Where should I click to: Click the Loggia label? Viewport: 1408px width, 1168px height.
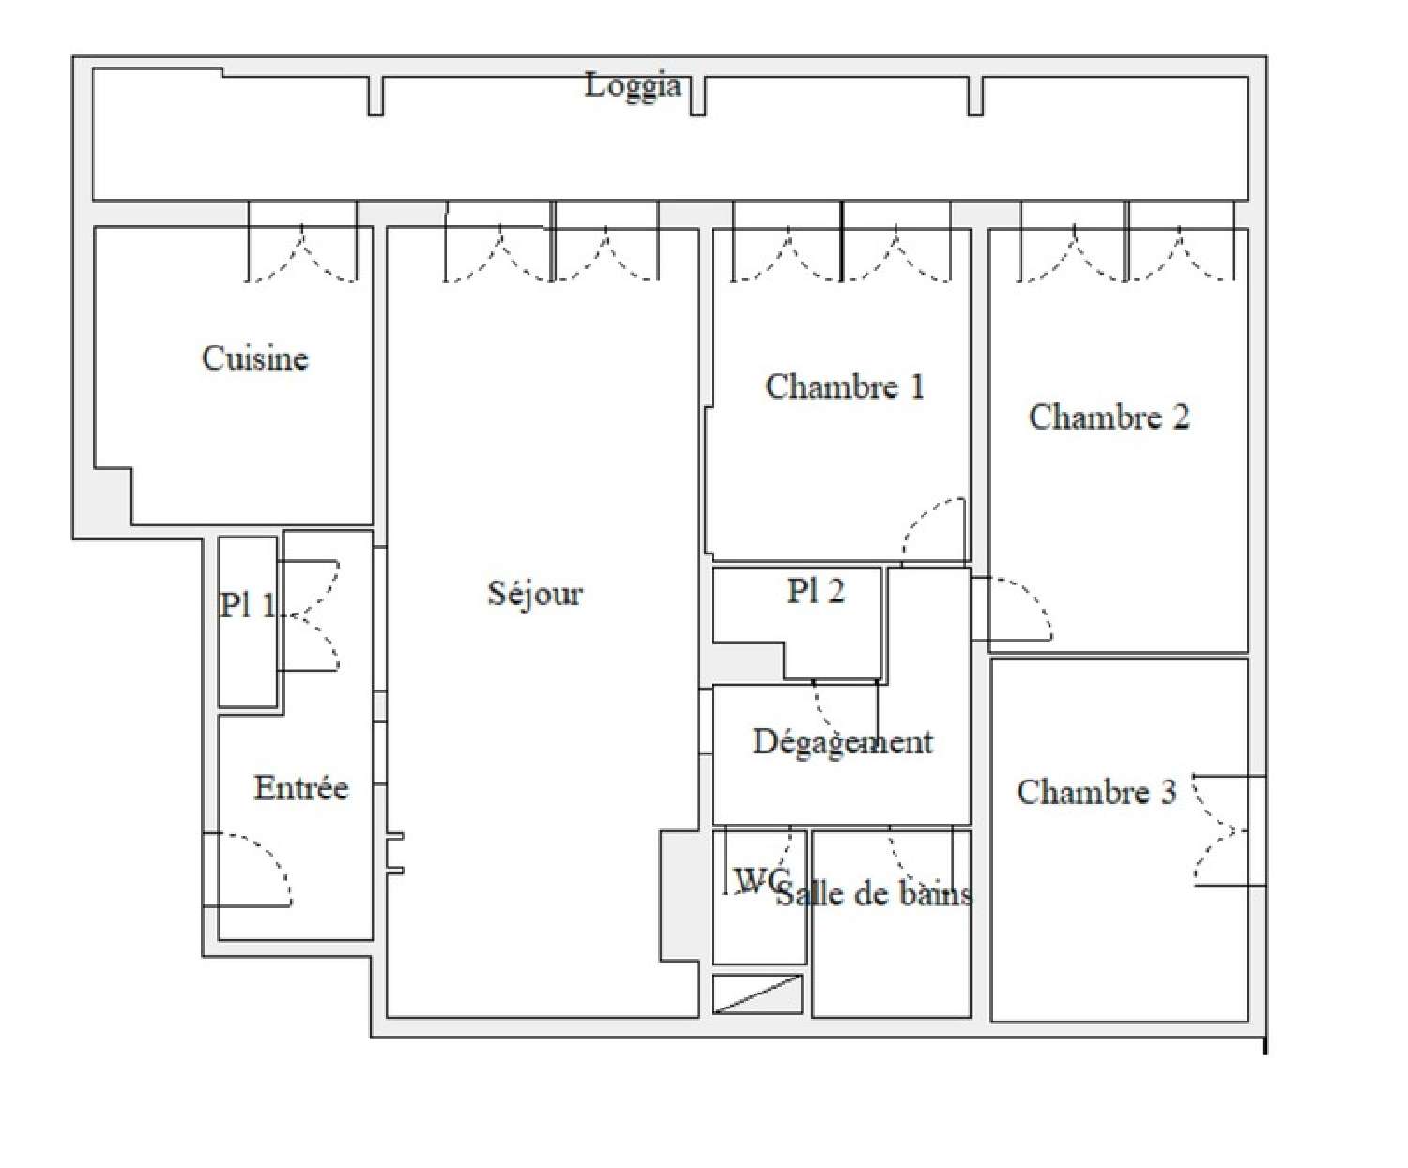coord(633,86)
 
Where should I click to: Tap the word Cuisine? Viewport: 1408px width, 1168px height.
coord(254,358)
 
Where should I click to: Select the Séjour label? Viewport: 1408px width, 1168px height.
coord(535,593)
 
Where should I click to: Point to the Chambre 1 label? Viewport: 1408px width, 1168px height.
coord(844,387)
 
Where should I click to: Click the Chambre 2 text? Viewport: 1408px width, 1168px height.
coord(1109,417)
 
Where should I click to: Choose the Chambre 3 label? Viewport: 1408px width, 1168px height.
coord(1095,792)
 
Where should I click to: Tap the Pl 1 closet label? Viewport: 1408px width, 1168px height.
coord(247,606)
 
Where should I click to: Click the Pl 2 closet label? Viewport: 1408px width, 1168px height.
coord(815,591)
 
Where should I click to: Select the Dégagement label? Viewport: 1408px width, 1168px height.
coord(842,742)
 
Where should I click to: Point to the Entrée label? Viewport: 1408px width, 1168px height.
coord(300,788)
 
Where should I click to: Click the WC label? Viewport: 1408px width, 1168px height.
coord(758,880)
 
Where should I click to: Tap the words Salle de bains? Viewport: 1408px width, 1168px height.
coord(873,894)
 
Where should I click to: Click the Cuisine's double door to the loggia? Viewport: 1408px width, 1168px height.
coord(302,254)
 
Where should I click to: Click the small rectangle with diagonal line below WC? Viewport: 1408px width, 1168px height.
coord(758,994)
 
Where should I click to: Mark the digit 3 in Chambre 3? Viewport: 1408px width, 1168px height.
coord(1167,792)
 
